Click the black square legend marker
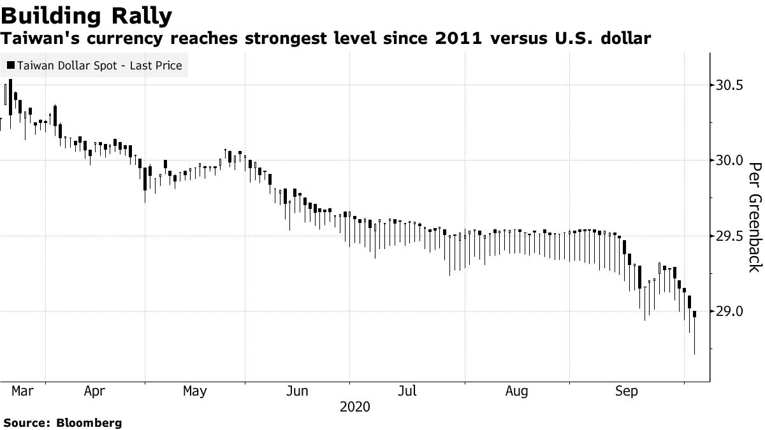point(10,66)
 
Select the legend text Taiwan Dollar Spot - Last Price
point(99,66)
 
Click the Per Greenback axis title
point(754,217)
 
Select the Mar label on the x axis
point(22,391)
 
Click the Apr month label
point(94,391)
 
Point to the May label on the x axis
point(194,391)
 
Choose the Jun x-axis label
point(298,391)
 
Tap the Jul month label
point(407,391)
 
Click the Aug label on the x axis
point(516,391)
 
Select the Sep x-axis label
point(626,391)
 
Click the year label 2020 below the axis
point(354,407)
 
